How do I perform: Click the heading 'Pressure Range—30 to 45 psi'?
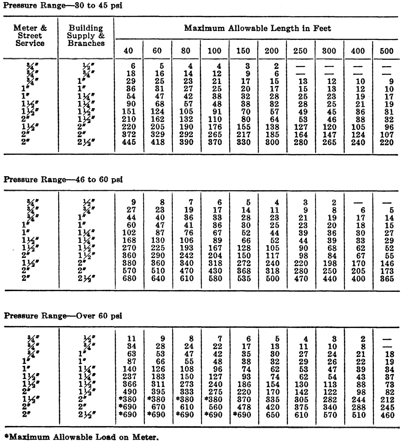(63, 6)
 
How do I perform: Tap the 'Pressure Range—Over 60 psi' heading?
(63, 316)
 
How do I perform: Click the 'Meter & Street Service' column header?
(30, 36)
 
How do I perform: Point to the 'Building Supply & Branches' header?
(86, 36)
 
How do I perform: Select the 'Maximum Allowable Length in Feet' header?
(257, 29)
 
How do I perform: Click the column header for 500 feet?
(387, 51)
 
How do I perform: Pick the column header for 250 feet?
(300, 51)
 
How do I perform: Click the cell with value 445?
(129, 142)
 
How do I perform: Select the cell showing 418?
(158, 142)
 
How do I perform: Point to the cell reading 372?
(129, 134)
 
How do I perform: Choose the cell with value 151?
(129, 112)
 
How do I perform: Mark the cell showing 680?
(129, 279)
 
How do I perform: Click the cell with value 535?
(244, 279)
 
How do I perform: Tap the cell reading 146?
(387, 263)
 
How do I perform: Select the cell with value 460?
(387, 415)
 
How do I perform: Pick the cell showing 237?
(129, 377)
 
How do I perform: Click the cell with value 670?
(158, 407)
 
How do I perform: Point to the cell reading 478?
(244, 407)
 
